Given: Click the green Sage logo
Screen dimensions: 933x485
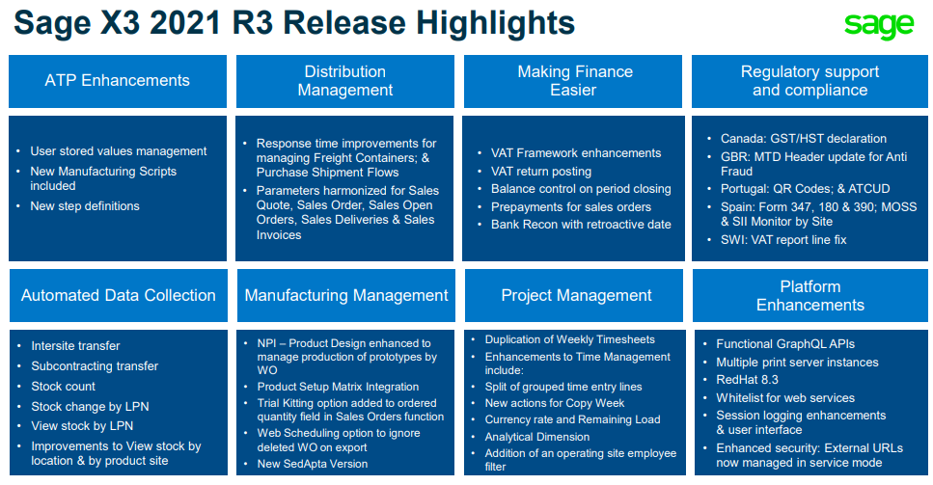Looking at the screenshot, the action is tap(879, 25).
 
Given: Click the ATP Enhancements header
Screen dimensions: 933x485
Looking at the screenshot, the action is tap(117, 81).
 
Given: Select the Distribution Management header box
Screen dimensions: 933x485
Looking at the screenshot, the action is tap(345, 81).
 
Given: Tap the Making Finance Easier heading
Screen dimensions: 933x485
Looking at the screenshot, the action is tap(573, 81).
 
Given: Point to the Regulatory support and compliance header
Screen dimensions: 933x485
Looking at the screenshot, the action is tap(810, 81).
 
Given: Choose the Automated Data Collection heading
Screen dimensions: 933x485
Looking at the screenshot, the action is tap(119, 295).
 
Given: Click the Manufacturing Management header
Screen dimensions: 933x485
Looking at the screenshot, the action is tap(346, 295).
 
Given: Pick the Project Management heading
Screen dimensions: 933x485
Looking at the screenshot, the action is tap(576, 295).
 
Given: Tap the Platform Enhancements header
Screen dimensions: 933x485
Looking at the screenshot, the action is tap(810, 295).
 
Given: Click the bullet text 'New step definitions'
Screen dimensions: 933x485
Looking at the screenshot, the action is tap(85, 206).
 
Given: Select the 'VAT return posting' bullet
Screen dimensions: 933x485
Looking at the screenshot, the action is tap(541, 172).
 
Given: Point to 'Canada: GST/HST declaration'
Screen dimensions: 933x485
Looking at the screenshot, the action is tap(804, 139).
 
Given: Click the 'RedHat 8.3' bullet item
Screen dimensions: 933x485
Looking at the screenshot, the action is tap(747, 380).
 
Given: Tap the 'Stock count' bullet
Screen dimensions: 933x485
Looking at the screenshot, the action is tap(63, 387).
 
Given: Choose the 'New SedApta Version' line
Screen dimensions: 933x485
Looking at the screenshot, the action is tap(313, 464).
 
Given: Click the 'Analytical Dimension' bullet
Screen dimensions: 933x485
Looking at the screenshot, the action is tap(536, 437).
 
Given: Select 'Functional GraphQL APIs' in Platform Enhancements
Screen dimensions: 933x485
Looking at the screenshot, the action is tap(785, 344).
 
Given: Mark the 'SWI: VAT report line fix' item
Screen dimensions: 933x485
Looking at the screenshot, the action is tap(783, 240).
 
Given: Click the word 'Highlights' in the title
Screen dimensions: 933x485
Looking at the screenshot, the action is tap(495, 24).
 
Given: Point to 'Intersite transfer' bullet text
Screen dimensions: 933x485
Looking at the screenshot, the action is tap(75, 346).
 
